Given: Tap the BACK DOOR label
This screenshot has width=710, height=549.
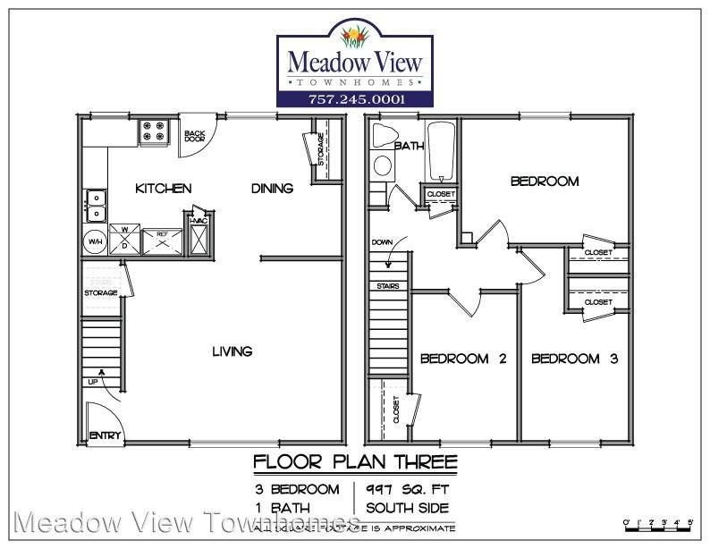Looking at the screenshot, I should click(194, 137).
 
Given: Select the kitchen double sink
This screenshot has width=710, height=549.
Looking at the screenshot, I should click(95, 206).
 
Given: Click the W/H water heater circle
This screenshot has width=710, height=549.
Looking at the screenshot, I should click(95, 241).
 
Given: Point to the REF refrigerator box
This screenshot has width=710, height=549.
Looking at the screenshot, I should click(163, 241).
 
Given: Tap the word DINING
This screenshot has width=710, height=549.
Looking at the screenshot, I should click(272, 189).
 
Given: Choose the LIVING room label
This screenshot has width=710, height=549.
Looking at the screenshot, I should click(232, 351).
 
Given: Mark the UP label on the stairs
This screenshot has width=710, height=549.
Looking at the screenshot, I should click(92, 382).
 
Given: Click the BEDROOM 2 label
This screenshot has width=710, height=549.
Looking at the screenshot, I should click(463, 359).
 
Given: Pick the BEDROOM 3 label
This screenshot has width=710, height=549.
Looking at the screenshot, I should click(575, 359).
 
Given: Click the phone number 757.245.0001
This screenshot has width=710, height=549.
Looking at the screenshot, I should click(356, 98).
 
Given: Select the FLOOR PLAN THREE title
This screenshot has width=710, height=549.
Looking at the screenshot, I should click(355, 462).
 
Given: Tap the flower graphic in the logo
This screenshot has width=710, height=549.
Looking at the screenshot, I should click(356, 37).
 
